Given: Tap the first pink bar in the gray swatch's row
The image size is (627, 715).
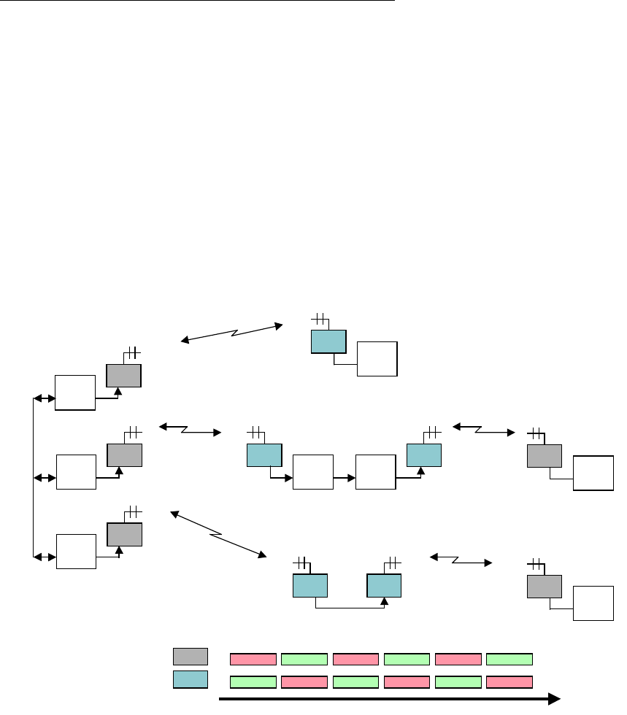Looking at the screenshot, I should [253, 660].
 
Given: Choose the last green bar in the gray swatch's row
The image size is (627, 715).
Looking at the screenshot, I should [509, 660].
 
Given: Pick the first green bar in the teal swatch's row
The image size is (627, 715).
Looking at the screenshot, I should [253, 682].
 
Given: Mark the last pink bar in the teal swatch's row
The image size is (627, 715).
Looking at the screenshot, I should [509, 682].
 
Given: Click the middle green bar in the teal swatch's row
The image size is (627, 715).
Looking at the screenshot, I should [355, 682].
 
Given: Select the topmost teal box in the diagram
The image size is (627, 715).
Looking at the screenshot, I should [328, 341].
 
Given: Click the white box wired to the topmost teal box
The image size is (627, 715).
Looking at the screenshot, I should [377, 358].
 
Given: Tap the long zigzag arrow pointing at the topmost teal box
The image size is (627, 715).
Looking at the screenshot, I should [232, 332].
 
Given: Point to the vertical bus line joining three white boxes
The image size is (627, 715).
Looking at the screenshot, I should [34, 478].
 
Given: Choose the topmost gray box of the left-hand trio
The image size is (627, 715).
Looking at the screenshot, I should [123, 374].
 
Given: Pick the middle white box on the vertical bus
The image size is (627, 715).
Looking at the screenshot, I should [75, 472].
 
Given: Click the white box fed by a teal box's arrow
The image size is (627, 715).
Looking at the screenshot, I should [312, 472].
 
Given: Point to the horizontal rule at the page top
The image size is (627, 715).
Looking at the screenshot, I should [197, 1].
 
